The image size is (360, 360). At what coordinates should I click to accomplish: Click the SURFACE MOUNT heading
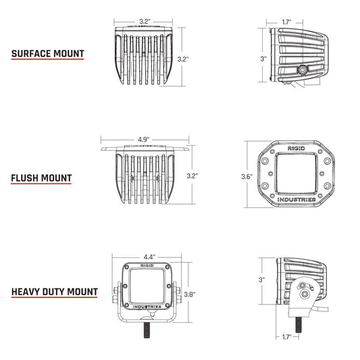pyautogui.click(x=47, y=53)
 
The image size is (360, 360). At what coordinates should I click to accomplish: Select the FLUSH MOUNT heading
pyautogui.click(x=41, y=178)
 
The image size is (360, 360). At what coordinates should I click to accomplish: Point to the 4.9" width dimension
pyautogui.click(x=143, y=140)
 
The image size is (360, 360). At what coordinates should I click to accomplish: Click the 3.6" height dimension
pyautogui.click(x=247, y=177)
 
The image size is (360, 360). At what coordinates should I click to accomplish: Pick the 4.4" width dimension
pyautogui.click(x=149, y=257)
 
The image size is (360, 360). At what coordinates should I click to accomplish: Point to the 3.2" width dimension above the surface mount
pyautogui.click(x=144, y=22)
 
